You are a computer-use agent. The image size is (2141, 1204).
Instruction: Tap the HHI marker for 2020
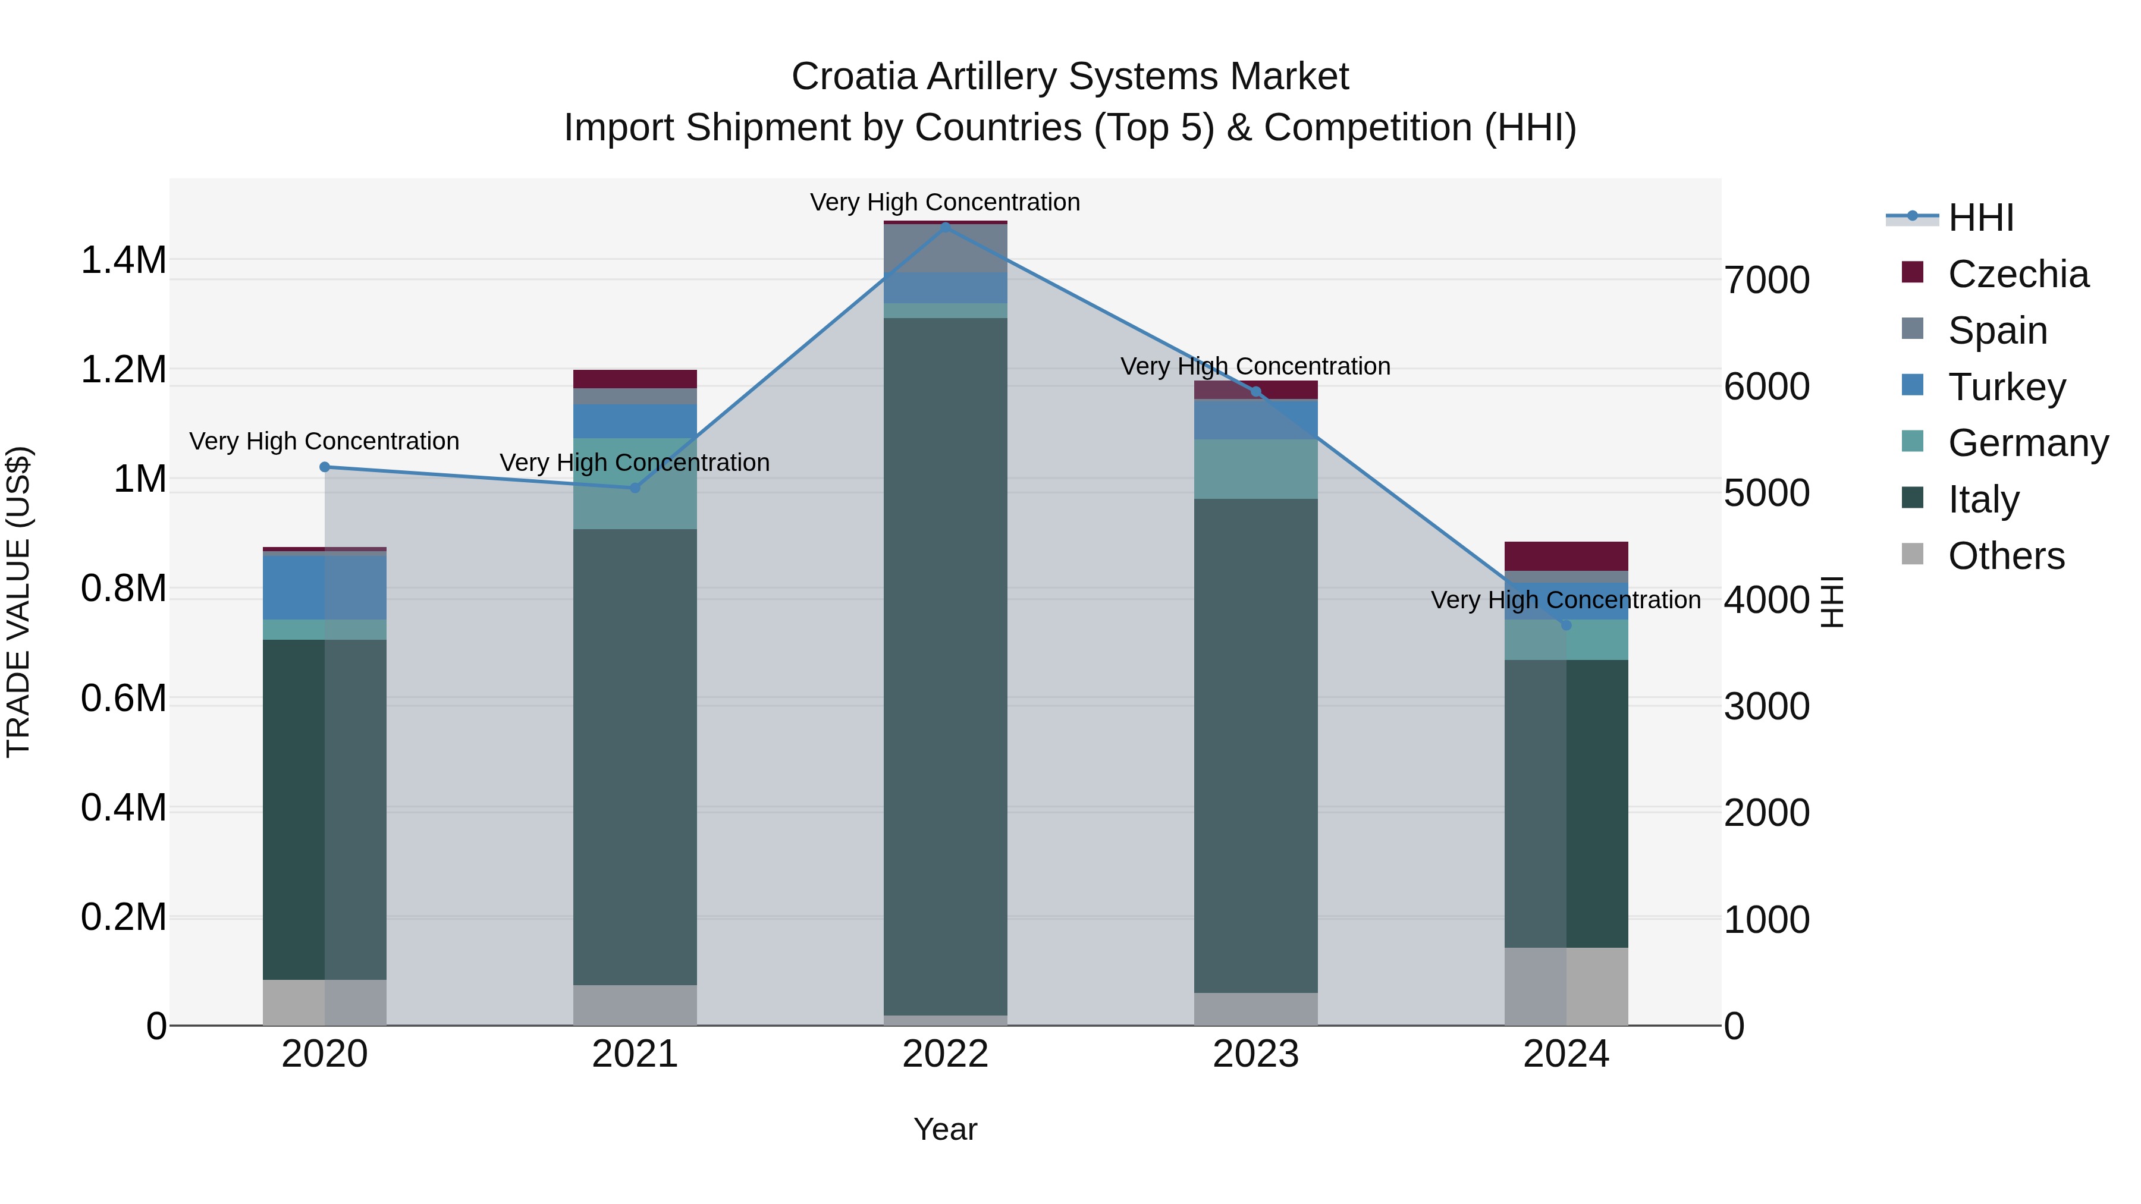click(325, 467)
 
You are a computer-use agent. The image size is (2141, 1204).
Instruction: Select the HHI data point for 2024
click(1566, 625)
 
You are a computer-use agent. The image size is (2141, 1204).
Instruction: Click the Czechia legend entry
click(2017, 274)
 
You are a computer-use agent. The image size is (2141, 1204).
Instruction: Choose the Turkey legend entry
click(2007, 387)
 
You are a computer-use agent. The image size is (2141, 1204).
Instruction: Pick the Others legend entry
click(2005, 556)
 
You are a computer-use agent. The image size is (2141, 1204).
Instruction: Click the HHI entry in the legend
click(1980, 218)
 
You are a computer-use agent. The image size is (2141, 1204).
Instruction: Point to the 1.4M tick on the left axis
click(123, 260)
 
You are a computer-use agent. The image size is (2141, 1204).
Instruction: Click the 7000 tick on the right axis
click(1766, 280)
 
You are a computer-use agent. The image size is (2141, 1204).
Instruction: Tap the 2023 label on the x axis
click(1255, 1054)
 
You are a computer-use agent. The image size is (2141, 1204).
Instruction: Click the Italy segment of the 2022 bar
click(945, 665)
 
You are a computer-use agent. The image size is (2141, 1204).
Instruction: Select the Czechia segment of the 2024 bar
click(1566, 556)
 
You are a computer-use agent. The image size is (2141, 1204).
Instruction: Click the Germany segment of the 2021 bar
click(635, 483)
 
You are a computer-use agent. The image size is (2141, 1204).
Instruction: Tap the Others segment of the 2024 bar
click(1566, 986)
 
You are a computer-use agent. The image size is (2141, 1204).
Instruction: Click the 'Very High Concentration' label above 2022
click(945, 203)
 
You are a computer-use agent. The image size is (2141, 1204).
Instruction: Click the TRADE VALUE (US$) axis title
click(18, 602)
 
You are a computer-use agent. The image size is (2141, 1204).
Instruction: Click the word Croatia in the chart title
click(853, 77)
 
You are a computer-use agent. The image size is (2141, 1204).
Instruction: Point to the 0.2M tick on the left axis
click(123, 917)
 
